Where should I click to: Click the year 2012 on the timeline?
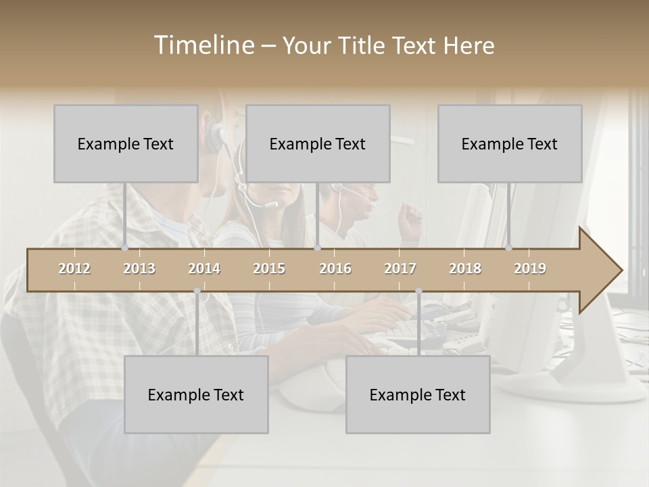point(74,269)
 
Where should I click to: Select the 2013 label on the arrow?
point(139,269)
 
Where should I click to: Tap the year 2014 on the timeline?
point(204,269)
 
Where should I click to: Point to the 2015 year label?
point(269,269)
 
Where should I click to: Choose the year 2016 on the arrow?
point(335,269)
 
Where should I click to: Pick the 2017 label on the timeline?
point(400,269)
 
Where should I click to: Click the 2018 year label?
point(465,269)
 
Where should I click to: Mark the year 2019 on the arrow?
point(530,269)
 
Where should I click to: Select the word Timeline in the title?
point(203,45)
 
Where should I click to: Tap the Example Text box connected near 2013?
point(126,143)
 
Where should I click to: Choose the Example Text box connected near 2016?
point(318,143)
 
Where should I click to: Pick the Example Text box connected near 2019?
point(510,143)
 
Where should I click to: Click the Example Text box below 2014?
point(196,394)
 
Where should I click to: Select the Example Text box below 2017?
point(418,394)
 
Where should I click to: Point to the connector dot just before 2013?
point(125,248)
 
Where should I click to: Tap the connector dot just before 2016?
point(317,248)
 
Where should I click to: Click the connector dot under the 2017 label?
point(418,291)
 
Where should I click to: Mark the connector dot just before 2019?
point(509,248)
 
